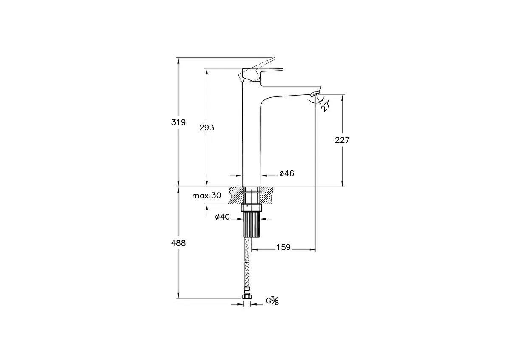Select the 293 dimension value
tap(207, 128)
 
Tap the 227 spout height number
tap(342, 140)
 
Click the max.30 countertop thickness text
tap(207, 196)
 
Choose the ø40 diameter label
tap(222, 217)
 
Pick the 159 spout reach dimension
tap(283, 247)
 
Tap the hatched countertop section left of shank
tap(235, 195)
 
